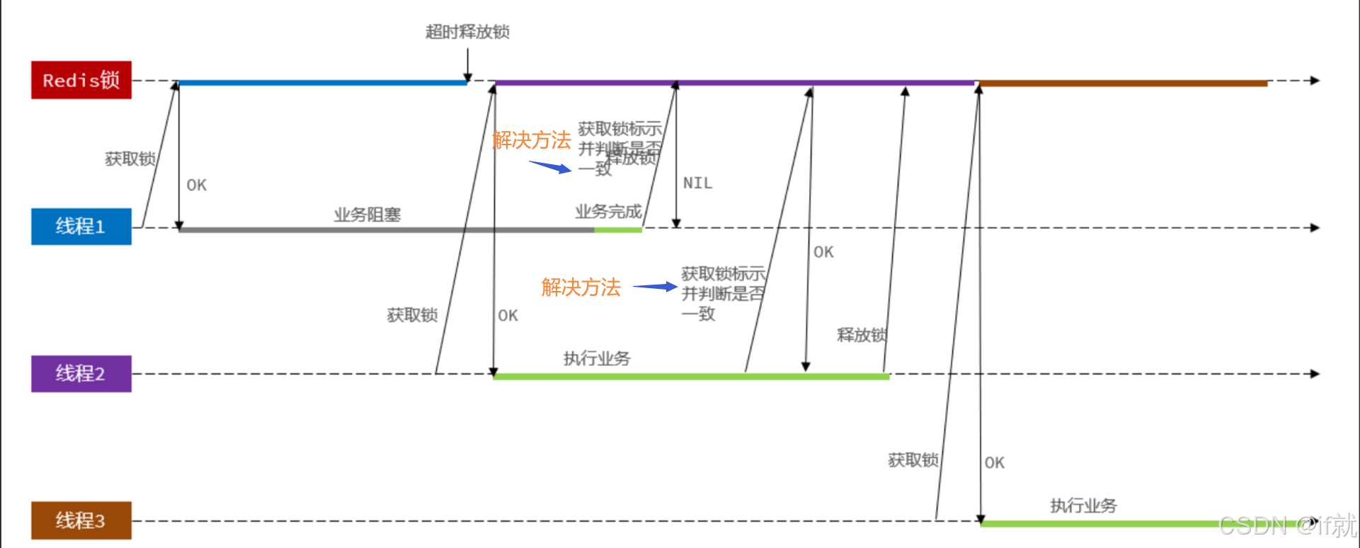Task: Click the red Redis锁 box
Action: click(x=81, y=80)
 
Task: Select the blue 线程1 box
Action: click(x=81, y=227)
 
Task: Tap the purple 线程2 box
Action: click(x=81, y=373)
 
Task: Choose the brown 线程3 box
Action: click(x=81, y=520)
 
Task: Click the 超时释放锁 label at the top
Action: click(x=467, y=32)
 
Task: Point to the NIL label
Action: click(x=697, y=183)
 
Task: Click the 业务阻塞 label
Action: click(x=367, y=215)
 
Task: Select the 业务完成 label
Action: click(x=608, y=212)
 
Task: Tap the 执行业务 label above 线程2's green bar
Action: click(x=597, y=358)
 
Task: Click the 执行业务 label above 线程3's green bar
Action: click(x=1083, y=506)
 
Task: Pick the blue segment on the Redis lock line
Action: click(x=322, y=83)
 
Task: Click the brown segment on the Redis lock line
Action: click(x=1123, y=84)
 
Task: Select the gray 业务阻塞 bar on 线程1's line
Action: click(x=386, y=229)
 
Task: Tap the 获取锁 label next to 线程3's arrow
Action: click(x=913, y=460)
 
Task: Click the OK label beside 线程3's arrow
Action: click(x=994, y=463)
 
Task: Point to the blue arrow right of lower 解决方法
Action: click(x=654, y=287)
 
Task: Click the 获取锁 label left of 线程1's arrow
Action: click(x=130, y=159)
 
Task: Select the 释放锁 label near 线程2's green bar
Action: click(x=861, y=335)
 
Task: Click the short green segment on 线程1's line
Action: click(x=617, y=229)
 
